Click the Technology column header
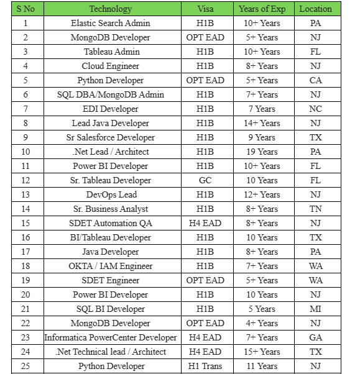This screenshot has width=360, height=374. point(110,9)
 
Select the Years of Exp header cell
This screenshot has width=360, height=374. point(262,9)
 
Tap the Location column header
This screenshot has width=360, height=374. point(315,9)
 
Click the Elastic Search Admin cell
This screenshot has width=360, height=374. point(110,23)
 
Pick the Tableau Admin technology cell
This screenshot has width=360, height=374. point(110,52)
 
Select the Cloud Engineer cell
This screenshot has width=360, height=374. point(110,66)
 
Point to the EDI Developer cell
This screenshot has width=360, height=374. point(110,109)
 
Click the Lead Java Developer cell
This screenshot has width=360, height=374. point(110,123)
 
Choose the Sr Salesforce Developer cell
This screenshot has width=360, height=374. point(110,137)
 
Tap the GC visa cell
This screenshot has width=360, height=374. point(205,180)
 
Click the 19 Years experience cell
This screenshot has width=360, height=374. point(262,152)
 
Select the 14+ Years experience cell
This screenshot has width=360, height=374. point(262,123)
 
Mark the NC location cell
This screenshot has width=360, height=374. point(315,109)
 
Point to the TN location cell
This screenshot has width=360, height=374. point(315,209)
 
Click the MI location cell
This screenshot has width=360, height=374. point(315,309)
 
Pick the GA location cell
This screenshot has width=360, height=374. point(315,337)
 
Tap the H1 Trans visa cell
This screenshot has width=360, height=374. point(205,366)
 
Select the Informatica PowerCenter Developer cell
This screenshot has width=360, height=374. point(110,337)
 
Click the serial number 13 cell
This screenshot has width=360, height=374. point(25,194)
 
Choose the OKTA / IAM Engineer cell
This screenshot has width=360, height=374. point(110,266)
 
